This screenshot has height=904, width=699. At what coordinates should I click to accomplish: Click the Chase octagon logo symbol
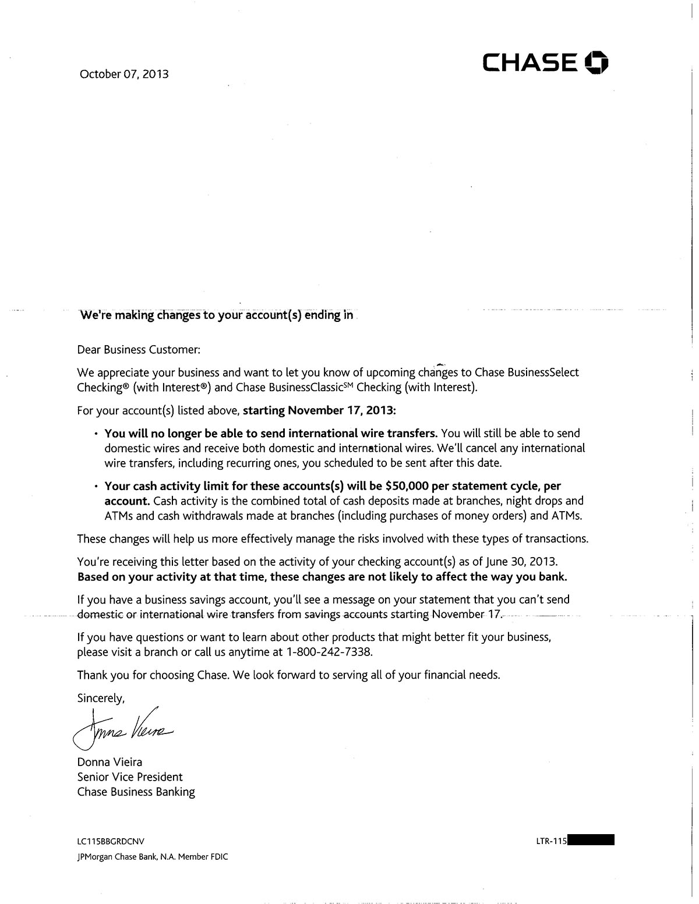pyautogui.click(x=596, y=63)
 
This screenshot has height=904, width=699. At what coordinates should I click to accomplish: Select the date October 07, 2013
pyautogui.click(x=124, y=75)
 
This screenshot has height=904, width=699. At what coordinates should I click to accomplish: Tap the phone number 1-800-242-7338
pyautogui.click(x=329, y=652)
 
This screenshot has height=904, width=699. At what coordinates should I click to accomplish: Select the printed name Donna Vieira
pyautogui.click(x=110, y=762)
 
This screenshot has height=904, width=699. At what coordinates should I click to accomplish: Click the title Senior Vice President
pyautogui.click(x=130, y=777)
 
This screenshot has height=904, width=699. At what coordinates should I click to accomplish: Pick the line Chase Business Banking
pyautogui.click(x=136, y=792)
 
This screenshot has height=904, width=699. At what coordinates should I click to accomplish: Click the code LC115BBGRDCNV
pyautogui.click(x=110, y=841)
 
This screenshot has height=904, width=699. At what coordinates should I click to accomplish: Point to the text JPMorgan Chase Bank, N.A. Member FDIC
pyautogui.click(x=152, y=857)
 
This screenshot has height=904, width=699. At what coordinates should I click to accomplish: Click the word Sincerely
pyautogui.click(x=101, y=698)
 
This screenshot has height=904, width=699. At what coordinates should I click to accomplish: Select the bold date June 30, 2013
pyautogui.click(x=522, y=562)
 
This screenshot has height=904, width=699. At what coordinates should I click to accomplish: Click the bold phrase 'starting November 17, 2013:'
pyautogui.click(x=319, y=410)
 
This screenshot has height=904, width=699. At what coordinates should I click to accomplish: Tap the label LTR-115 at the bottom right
pyautogui.click(x=551, y=841)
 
